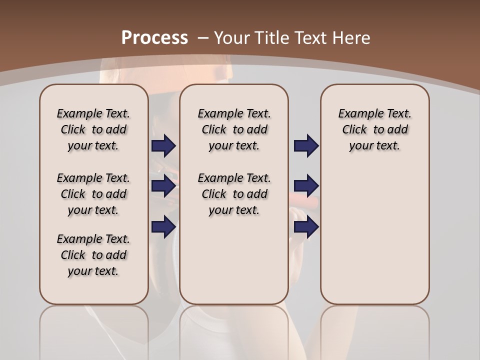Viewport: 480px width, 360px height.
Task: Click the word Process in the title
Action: (154, 38)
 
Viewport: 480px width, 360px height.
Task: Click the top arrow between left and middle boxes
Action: (163, 145)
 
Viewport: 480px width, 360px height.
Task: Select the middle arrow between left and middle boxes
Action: (163, 186)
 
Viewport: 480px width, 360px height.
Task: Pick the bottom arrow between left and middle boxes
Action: (163, 226)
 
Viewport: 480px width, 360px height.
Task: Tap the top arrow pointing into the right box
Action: (306, 145)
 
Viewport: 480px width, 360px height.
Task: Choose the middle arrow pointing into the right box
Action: (306, 186)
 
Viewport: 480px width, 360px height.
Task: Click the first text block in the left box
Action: (93, 129)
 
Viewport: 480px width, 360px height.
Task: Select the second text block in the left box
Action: (93, 194)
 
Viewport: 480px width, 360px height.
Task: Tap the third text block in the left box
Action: (93, 255)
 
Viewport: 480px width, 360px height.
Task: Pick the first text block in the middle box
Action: (234, 129)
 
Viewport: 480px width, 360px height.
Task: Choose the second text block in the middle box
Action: (234, 194)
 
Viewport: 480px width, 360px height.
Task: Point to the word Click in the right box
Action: (354, 129)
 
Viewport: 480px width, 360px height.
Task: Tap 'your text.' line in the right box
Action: (374, 146)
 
